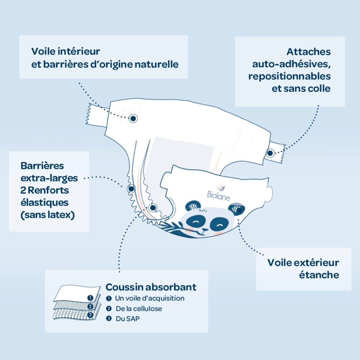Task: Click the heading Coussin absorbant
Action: pyautogui.click(x=151, y=287)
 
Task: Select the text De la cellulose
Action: pyautogui.click(x=138, y=309)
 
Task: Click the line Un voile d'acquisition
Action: pyautogui.click(x=149, y=298)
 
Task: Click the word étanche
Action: pyautogui.click(x=319, y=275)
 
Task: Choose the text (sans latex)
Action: pyautogui.click(x=48, y=215)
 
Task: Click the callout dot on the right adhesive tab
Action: pyautogui.click(x=270, y=153)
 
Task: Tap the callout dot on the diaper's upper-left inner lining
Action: pyautogui.click(x=133, y=118)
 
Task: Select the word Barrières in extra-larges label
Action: pyautogui.click(x=42, y=166)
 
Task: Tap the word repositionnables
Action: pyautogui.click(x=289, y=76)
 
